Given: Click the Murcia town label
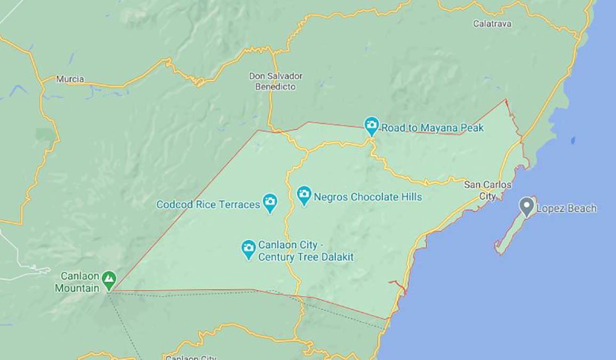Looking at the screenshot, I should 70,79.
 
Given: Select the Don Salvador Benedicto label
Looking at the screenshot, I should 275,81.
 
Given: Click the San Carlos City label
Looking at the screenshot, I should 487,190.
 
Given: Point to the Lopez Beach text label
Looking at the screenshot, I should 566,209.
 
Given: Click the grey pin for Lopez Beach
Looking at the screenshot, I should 527,206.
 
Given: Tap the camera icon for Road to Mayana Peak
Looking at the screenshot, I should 371,126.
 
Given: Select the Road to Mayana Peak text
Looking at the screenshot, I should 432,128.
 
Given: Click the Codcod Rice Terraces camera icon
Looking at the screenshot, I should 270,202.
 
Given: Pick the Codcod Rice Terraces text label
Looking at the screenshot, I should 208,204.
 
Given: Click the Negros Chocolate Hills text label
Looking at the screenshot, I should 368,197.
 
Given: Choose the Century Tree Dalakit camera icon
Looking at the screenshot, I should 249,249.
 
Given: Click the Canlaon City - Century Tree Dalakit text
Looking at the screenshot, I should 306,251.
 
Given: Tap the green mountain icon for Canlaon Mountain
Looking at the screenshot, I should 109,279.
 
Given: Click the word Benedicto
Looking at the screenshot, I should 275,86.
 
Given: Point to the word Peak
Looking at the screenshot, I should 473,128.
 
